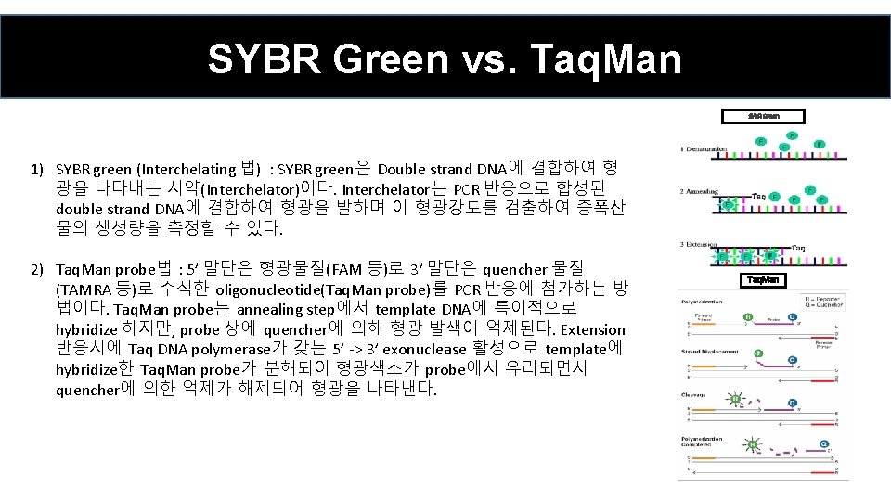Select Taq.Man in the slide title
coord(605,59)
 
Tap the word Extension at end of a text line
coord(593,329)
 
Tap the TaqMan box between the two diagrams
coord(766,279)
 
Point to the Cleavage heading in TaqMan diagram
coord(697,394)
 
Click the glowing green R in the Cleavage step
coord(736,401)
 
